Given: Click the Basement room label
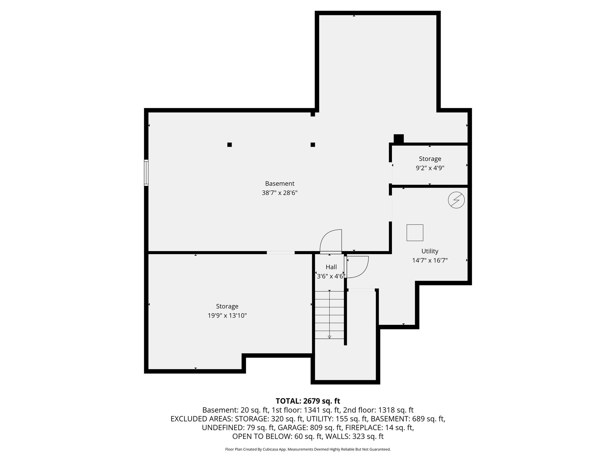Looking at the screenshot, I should [x=279, y=183].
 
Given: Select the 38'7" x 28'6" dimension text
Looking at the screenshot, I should [x=279, y=193].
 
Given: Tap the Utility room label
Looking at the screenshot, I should [x=430, y=251].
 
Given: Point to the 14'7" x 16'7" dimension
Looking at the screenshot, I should [x=430, y=260].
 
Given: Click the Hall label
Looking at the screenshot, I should [x=331, y=267].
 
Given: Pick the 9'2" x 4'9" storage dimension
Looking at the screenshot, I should [x=430, y=168].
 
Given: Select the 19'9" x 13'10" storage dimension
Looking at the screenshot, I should [x=227, y=316].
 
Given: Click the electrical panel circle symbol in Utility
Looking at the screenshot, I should [x=456, y=200].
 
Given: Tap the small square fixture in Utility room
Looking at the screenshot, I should [x=415, y=233].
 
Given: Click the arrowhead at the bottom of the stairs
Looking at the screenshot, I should [x=329, y=337].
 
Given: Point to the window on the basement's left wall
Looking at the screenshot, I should [x=146, y=173].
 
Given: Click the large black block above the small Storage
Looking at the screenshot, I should [x=399, y=139].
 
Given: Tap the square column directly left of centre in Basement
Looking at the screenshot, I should [x=229, y=145].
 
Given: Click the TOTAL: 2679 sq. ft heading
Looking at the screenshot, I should [x=308, y=401].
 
